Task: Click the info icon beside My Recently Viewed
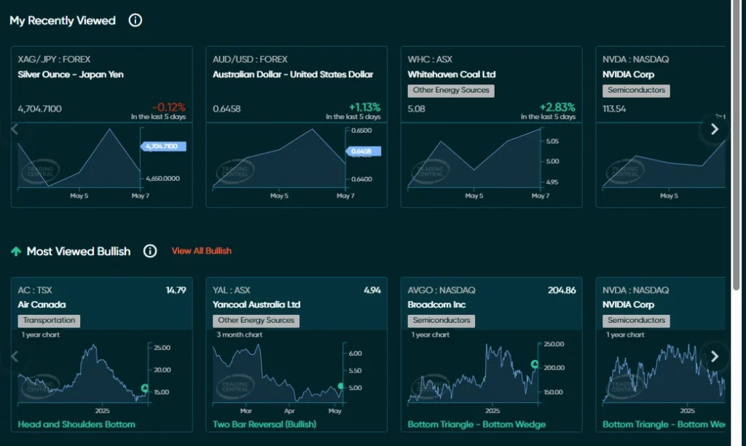(136, 20)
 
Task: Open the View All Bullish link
(201, 251)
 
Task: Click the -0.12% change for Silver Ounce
(169, 107)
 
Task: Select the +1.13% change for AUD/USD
(364, 107)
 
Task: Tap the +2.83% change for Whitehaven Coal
(558, 107)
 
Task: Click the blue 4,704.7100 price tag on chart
(162, 146)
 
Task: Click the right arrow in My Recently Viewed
(714, 129)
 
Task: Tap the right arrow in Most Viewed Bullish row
(714, 356)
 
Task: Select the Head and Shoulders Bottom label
(76, 424)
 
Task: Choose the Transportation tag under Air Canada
(49, 320)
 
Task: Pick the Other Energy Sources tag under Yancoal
(256, 320)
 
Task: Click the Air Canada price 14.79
(176, 290)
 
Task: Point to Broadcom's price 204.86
(562, 290)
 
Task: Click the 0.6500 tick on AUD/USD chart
(362, 130)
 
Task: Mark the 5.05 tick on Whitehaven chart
(551, 141)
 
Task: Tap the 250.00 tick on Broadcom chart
(554, 344)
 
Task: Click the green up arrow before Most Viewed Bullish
(15, 251)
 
